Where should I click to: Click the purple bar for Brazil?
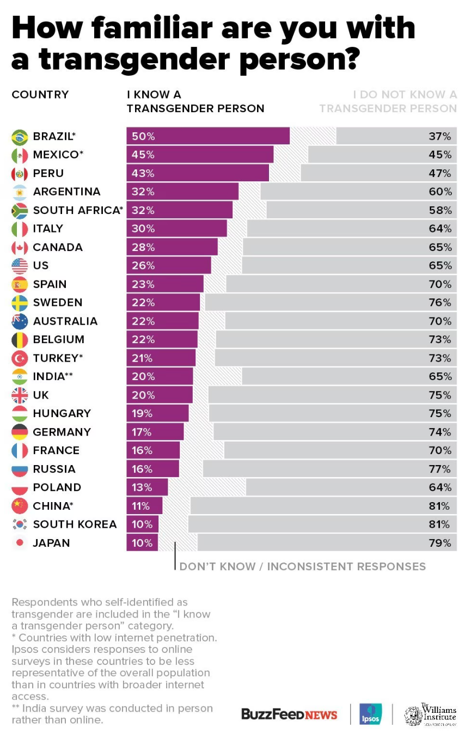pyautogui.click(x=208, y=136)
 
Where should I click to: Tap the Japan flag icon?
pyautogui.click(x=20, y=543)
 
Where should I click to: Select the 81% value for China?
pyautogui.click(x=439, y=506)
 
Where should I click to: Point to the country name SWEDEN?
pyautogui.click(x=58, y=303)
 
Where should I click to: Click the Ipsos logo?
pyautogui.click(x=370, y=714)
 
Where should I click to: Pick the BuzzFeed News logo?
pyautogui.click(x=289, y=714)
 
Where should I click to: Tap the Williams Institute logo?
pyautogui.click(x=430, y=714)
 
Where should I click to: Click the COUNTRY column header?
pyautogui.click(x=40, y=95)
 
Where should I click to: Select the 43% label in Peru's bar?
pyautogui.click(x=143, y=173)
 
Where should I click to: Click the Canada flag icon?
pyautogui.click(x=20, y=247)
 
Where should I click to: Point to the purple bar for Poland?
pyautogui.click(x=147, y=487)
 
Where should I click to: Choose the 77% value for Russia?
pyautogui.click(x=440, y=469)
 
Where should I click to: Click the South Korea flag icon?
pyautogui.click(x=20, y=524)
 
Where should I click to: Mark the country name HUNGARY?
pyautogui.click(x=62, y=413)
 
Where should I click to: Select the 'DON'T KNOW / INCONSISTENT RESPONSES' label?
pyautogui.click(x=303, y=566)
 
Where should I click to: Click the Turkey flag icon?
pyautogui.click(x=20, y=358)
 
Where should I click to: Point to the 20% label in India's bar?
pyautogui.click(x=143, y=376)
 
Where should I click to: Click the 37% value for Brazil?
pyautogui.click(x=440, y=136)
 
